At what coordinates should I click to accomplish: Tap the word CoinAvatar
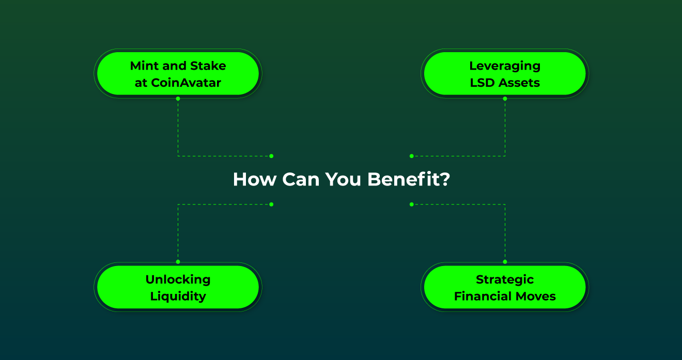coord(186,83)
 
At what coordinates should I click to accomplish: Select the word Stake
coord(209,66)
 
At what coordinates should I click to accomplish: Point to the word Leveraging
coord(505,66)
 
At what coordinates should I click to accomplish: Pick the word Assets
coord(519,83)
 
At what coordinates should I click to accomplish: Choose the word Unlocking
coord(178,279)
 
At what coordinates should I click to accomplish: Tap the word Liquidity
coord(178,296)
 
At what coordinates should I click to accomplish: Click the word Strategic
coord(505,279)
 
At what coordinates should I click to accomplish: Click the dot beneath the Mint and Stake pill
coord(178,98)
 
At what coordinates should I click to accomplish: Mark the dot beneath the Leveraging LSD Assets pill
coord(505,98)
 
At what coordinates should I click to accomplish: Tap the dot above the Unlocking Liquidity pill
coord(178,262)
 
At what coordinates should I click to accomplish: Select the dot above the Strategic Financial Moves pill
coord(505,262)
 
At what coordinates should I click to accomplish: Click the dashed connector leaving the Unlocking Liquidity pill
coord(178,232)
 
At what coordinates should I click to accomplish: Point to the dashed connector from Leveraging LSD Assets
coord(505,129)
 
